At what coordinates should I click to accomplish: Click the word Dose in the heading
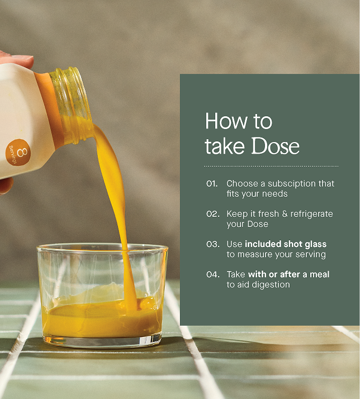pyautogui.click(x=275, y=145)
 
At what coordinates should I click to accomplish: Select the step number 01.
pyautogui.click(x=212, y=183)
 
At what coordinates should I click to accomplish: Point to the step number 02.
pyautogui.click(x=212, y=213)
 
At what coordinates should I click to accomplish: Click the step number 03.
pyautogui.click(x=212, y=244)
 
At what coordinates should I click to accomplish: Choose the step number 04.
pyautogui.click(x=212, y=274)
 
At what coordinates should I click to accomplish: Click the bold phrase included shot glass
pyautogui.click(x=286, y=244)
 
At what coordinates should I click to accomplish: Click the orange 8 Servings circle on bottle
pyautogui.click(x=18, y=152)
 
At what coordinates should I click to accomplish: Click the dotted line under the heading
pyautogui.click(x=271, y=166)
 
